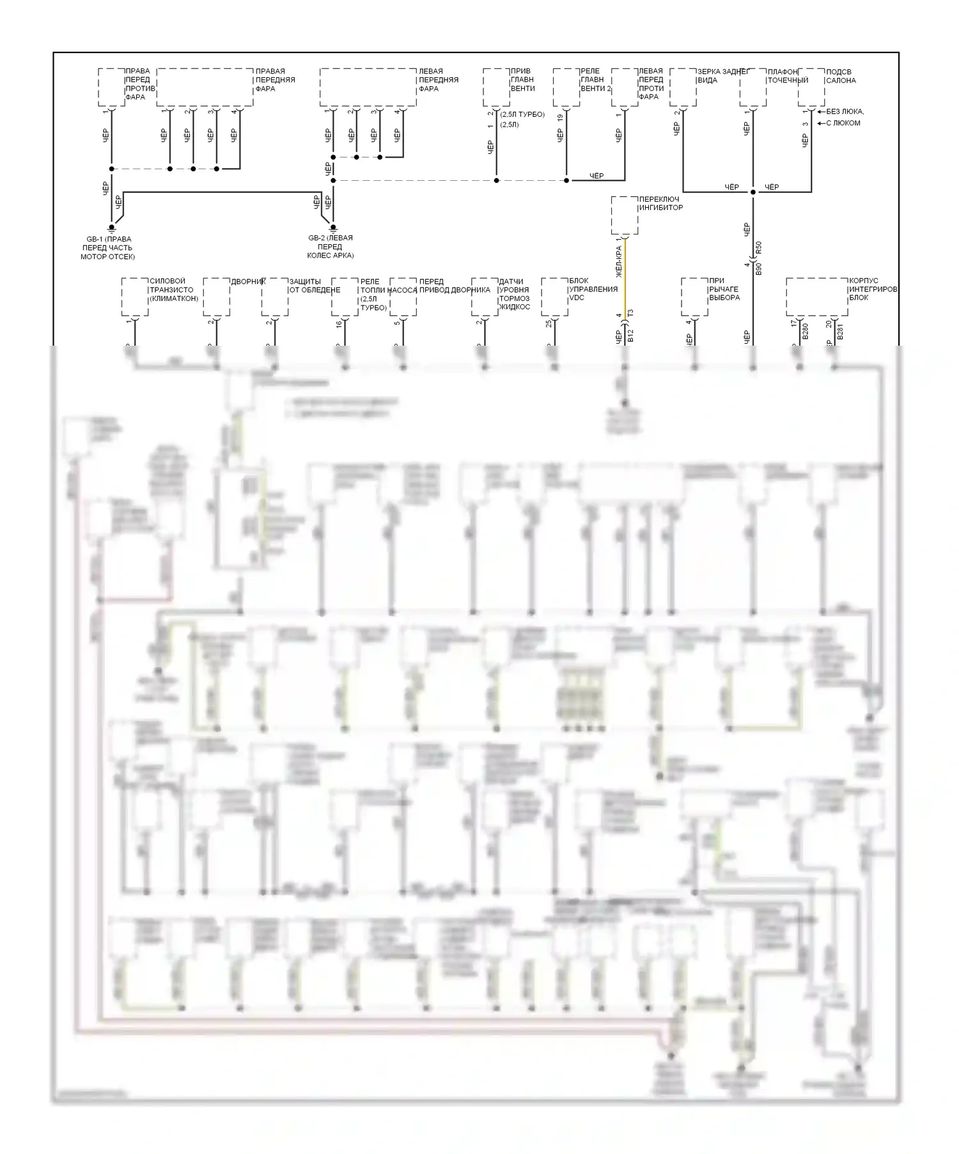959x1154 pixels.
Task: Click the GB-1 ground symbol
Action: click(x=112, y=227)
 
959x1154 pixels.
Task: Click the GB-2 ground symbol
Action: click(x=332, y=227)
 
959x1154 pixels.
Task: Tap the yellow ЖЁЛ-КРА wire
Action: click(x=625, y=275)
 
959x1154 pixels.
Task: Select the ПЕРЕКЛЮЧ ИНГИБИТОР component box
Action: click(x=624, y=215)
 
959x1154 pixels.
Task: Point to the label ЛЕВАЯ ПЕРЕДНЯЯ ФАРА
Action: click(x=438, y=80)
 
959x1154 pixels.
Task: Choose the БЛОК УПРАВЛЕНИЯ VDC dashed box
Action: click(x=554, y=297)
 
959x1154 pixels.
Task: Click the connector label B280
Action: click(x=806, y=331)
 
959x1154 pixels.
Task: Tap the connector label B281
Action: click(x=840, y=331)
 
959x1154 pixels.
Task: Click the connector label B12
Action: click(x=631, y=337)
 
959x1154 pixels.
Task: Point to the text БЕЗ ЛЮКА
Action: click(x=845, y=112)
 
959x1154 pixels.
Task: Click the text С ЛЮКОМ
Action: click(x=843, y=123)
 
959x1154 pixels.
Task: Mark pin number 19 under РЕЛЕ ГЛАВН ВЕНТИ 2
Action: click(x=560, y=118)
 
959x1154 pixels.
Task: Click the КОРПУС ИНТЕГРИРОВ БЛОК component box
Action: click(x=816, y=297)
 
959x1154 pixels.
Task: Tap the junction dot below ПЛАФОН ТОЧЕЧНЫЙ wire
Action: click(x=753, y=192)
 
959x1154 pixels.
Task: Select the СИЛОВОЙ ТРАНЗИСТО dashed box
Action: click(x=135, y=297)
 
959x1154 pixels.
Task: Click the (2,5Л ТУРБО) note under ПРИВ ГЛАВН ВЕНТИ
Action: click(x=522, y=114)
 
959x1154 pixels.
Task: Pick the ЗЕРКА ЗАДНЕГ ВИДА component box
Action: click(x=683, y=88)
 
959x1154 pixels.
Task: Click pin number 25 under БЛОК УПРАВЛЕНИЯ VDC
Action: click(x=549, y=325)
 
